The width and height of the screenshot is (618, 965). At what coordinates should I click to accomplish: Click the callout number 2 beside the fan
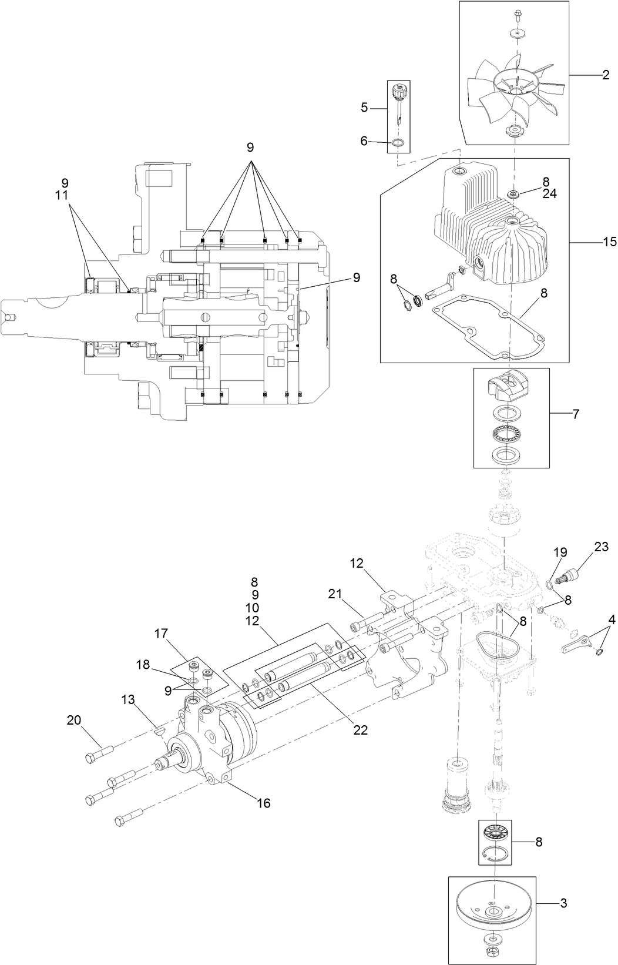point(605,75)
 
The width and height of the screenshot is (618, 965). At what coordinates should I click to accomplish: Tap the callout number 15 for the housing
point(609,242)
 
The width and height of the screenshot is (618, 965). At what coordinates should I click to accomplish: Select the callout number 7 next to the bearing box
point(575,414)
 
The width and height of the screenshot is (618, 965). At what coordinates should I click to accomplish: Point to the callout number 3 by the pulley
point(563,903)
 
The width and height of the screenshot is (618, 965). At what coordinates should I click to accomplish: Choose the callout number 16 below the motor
point(264,803)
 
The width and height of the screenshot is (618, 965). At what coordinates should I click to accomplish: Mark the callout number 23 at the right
point(601,547)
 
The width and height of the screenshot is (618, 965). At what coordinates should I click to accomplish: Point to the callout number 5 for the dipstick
point(364,108)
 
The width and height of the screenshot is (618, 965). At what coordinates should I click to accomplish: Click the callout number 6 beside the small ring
point(364,140)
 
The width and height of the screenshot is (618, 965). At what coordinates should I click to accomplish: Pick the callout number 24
point(549,193)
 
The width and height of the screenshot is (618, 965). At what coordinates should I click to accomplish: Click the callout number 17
point(162,634)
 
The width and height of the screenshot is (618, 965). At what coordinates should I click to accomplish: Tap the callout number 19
point(560,552)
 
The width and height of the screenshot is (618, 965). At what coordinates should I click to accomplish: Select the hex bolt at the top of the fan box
point(518,14)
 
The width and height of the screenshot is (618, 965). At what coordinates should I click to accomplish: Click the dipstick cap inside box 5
point(398,92)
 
